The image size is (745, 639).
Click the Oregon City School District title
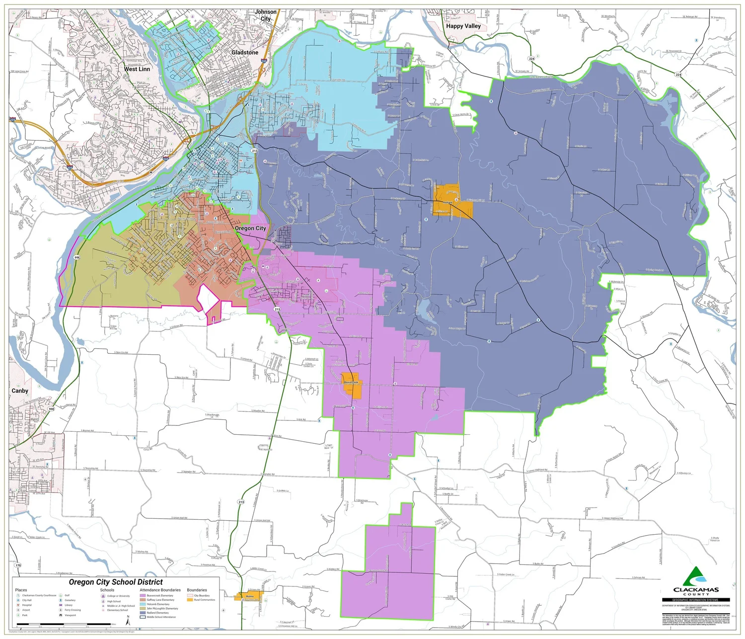(115, 582)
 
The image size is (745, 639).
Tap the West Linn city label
(137, 69)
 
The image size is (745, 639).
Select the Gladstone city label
(245, 52)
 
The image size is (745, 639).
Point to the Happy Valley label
(463, 26)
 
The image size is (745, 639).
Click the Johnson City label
(266, 15)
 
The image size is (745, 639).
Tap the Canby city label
(20, 391)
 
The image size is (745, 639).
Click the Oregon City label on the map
(250, 228)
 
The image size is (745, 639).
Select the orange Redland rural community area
(449, 201)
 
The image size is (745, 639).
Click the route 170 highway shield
(18, 565)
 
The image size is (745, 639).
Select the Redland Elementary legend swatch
(143, 613)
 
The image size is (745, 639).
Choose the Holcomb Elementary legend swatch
(143, 604)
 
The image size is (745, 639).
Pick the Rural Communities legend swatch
(190, 600)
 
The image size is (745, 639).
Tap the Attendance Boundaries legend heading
(160, 590)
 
